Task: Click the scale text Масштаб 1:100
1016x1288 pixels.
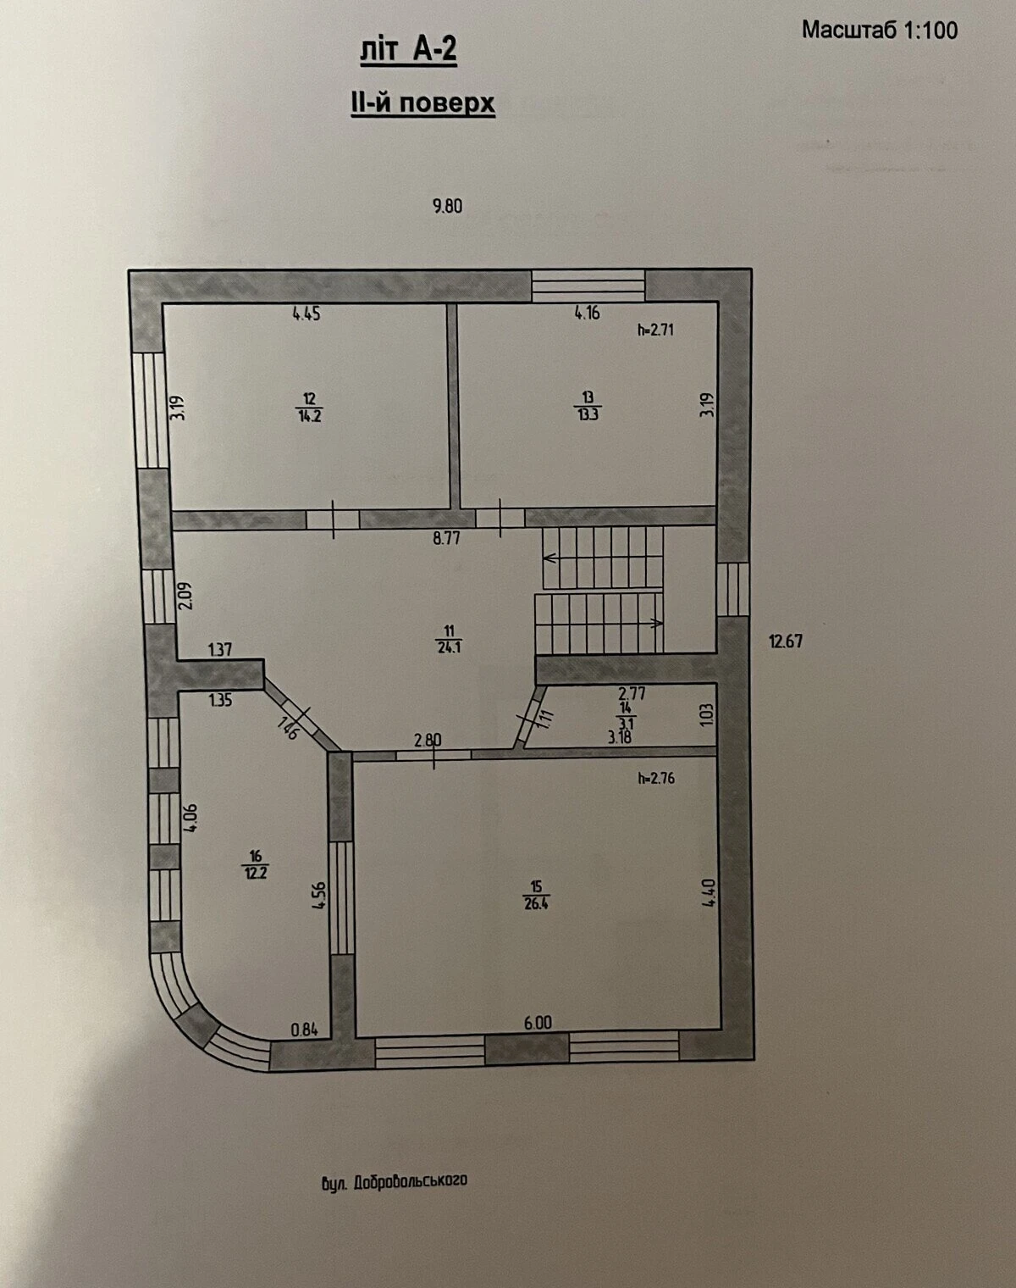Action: tap(880, 30)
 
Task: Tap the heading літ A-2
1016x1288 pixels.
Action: tap(408, 50)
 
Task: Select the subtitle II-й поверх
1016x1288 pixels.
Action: tap(422, 103)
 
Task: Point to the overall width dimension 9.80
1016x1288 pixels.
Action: tap(447, 207)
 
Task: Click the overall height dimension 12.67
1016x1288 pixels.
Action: tap(785, 641)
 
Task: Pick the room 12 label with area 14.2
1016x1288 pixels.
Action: tap(309, 407)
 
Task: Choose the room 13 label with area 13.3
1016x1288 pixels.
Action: tap(588, 406)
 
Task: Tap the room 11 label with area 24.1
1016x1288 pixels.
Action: tap(449, 639)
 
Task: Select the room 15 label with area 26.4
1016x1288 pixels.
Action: tap(536, 896)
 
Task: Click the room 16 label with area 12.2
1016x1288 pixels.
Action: tap(256, 865)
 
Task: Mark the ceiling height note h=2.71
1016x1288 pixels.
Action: tap(656, 330)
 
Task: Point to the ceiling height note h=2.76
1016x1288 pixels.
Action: tap(657, 778)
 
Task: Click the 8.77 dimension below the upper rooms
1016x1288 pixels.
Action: tap(447, 538)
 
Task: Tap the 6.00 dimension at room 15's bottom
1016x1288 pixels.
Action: tap(538, 1023)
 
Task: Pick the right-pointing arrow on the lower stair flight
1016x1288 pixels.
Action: tap(656, 623)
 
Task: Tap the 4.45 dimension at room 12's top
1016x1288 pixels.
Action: tap(306, 314)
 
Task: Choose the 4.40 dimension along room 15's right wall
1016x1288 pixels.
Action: tap(708, 892)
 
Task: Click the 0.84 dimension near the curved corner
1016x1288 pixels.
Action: tap(304, 1030)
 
